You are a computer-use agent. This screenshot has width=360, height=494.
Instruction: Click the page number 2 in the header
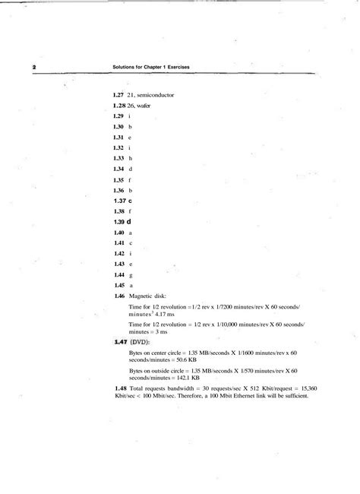click(x=34, y=68)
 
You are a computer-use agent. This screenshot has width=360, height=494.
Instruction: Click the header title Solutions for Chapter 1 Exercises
click(x=151, y=68)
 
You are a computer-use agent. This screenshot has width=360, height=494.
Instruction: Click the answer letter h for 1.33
click(x=131, y=158)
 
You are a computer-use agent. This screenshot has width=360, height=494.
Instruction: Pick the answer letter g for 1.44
click(x=131, y=274)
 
